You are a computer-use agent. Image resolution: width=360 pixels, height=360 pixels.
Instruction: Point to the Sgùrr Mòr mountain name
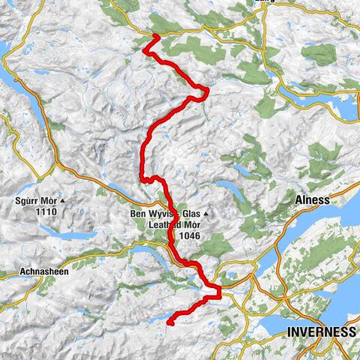coord(35,201)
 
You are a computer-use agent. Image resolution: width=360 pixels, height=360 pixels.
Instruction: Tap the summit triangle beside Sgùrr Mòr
coord(64,201)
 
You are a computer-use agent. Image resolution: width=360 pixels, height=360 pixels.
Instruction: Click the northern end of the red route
coord(155,36)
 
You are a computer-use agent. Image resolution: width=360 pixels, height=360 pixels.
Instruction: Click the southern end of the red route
coord(169,322)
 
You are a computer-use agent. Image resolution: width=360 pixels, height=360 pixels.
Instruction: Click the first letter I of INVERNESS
coord(289,332)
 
